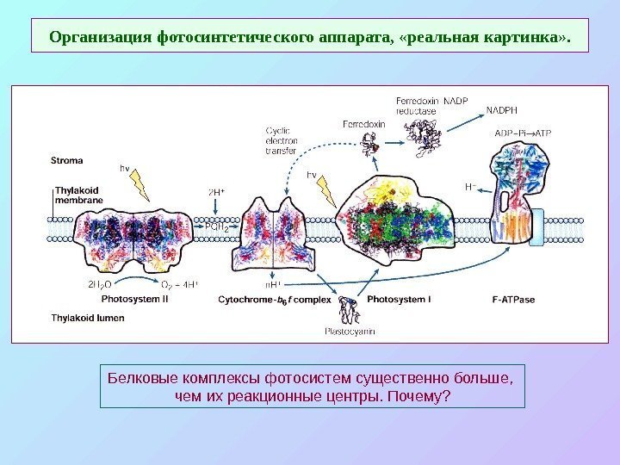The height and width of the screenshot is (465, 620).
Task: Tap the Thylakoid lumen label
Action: coord(89,317)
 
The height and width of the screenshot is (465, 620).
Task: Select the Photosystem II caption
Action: coord(134,299)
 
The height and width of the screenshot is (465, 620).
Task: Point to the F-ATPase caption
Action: coord(515,299)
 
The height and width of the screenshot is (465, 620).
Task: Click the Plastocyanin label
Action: coord(349,331)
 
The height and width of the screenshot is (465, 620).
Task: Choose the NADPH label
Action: coord(503,109)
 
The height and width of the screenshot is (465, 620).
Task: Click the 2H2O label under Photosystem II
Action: coord(98,283)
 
